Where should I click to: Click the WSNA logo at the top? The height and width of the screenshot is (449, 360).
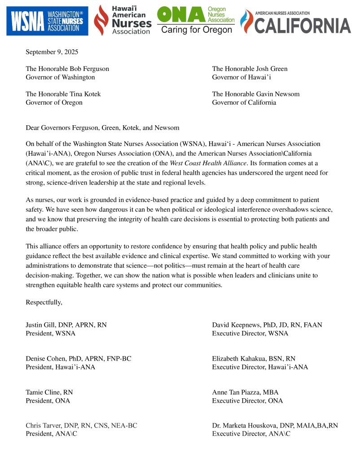coord(47,21)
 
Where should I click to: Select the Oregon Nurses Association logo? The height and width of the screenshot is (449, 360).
coord(196,20)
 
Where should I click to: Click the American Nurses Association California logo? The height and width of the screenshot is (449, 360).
coord(295,22)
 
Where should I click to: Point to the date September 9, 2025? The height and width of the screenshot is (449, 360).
coord(52,52)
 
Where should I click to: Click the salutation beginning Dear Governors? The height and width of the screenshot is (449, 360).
coord(102,128)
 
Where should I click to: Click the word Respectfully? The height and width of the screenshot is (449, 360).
coord(44,302)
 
